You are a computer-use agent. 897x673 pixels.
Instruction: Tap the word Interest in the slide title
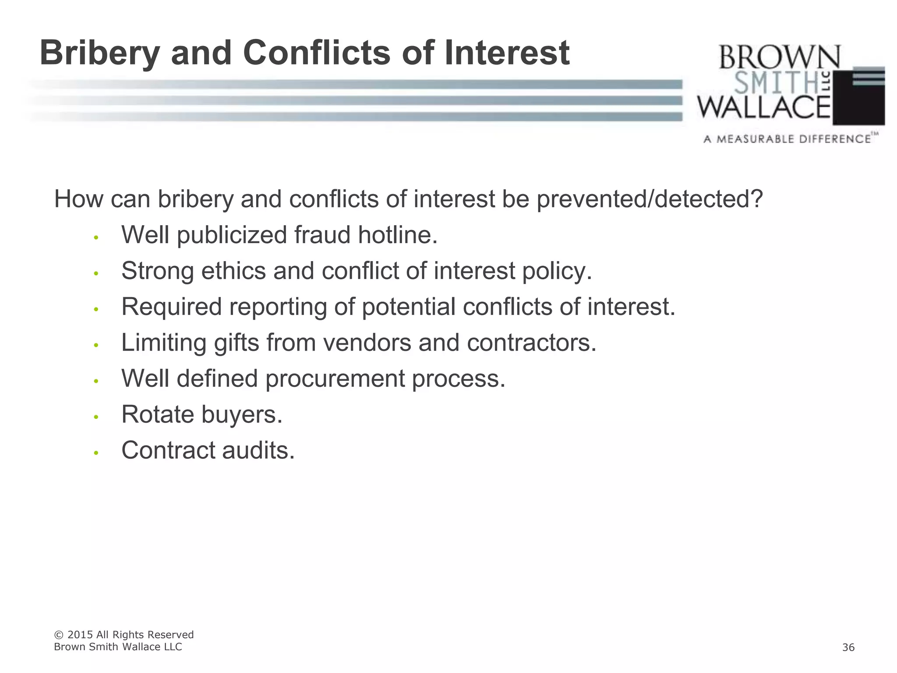pos(507,53)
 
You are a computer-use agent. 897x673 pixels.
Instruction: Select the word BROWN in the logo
pos(779,57)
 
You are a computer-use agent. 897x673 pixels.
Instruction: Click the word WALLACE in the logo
pos(764,108)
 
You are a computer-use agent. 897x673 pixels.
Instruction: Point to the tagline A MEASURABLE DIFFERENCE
pos(787,139)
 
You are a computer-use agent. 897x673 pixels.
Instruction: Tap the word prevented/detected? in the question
pos(650,199)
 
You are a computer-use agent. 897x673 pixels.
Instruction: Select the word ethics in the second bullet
pos(233,271)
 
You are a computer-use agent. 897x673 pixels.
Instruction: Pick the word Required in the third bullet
pos(172,306)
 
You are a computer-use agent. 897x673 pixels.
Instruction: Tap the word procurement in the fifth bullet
pos(335,378)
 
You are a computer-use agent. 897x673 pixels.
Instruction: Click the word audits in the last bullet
pos(258,450)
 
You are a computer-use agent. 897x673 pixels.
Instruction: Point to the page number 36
pos(848,648)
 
